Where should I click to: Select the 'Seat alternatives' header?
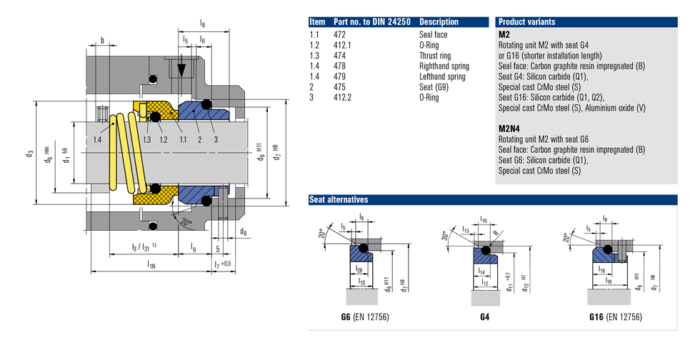pyautogui.click(x=339, y=199)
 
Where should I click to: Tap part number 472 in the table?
pyautogui.click(x=339, y=34)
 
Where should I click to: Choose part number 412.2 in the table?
pyautogui.click(x=344, y=96)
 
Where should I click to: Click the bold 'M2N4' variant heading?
pyautogui.click(x=509, y=129)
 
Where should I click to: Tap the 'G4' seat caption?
pyautogui.click(x=484, y=316)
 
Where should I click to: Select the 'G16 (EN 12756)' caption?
pyautogui.click(x=614, y=316)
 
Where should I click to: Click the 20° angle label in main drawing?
pyautogui.click(x=185, y=222)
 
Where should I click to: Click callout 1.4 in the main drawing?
pyautogui.click(x=98, y=139)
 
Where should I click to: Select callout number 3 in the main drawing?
pyautogui.click(x=215, y=139)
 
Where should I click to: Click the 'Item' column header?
pyautogui.click(x=317, y=21)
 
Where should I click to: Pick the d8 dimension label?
pyautogui.click(x=244, y=231)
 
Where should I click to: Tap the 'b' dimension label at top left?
pyautogui.click(x=102, y=41)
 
